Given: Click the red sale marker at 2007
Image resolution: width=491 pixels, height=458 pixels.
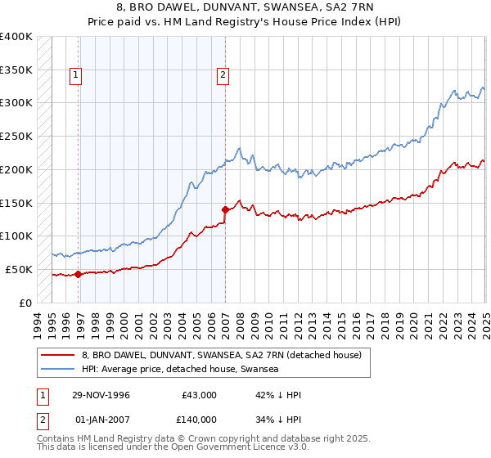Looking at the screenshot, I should pyautogui.click(x=225, y=209).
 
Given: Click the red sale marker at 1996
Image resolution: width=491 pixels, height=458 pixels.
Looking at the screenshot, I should pyautogui.click(x=79, y=274).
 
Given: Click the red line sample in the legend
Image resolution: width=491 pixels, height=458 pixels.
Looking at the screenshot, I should pyautogui.click(x=58, y=355).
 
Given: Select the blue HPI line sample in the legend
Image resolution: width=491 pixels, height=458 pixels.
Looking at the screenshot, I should pyautogui.click(x=58, y=370).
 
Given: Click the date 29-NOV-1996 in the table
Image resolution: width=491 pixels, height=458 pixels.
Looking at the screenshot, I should pyautogui.click(x=101, y=395).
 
